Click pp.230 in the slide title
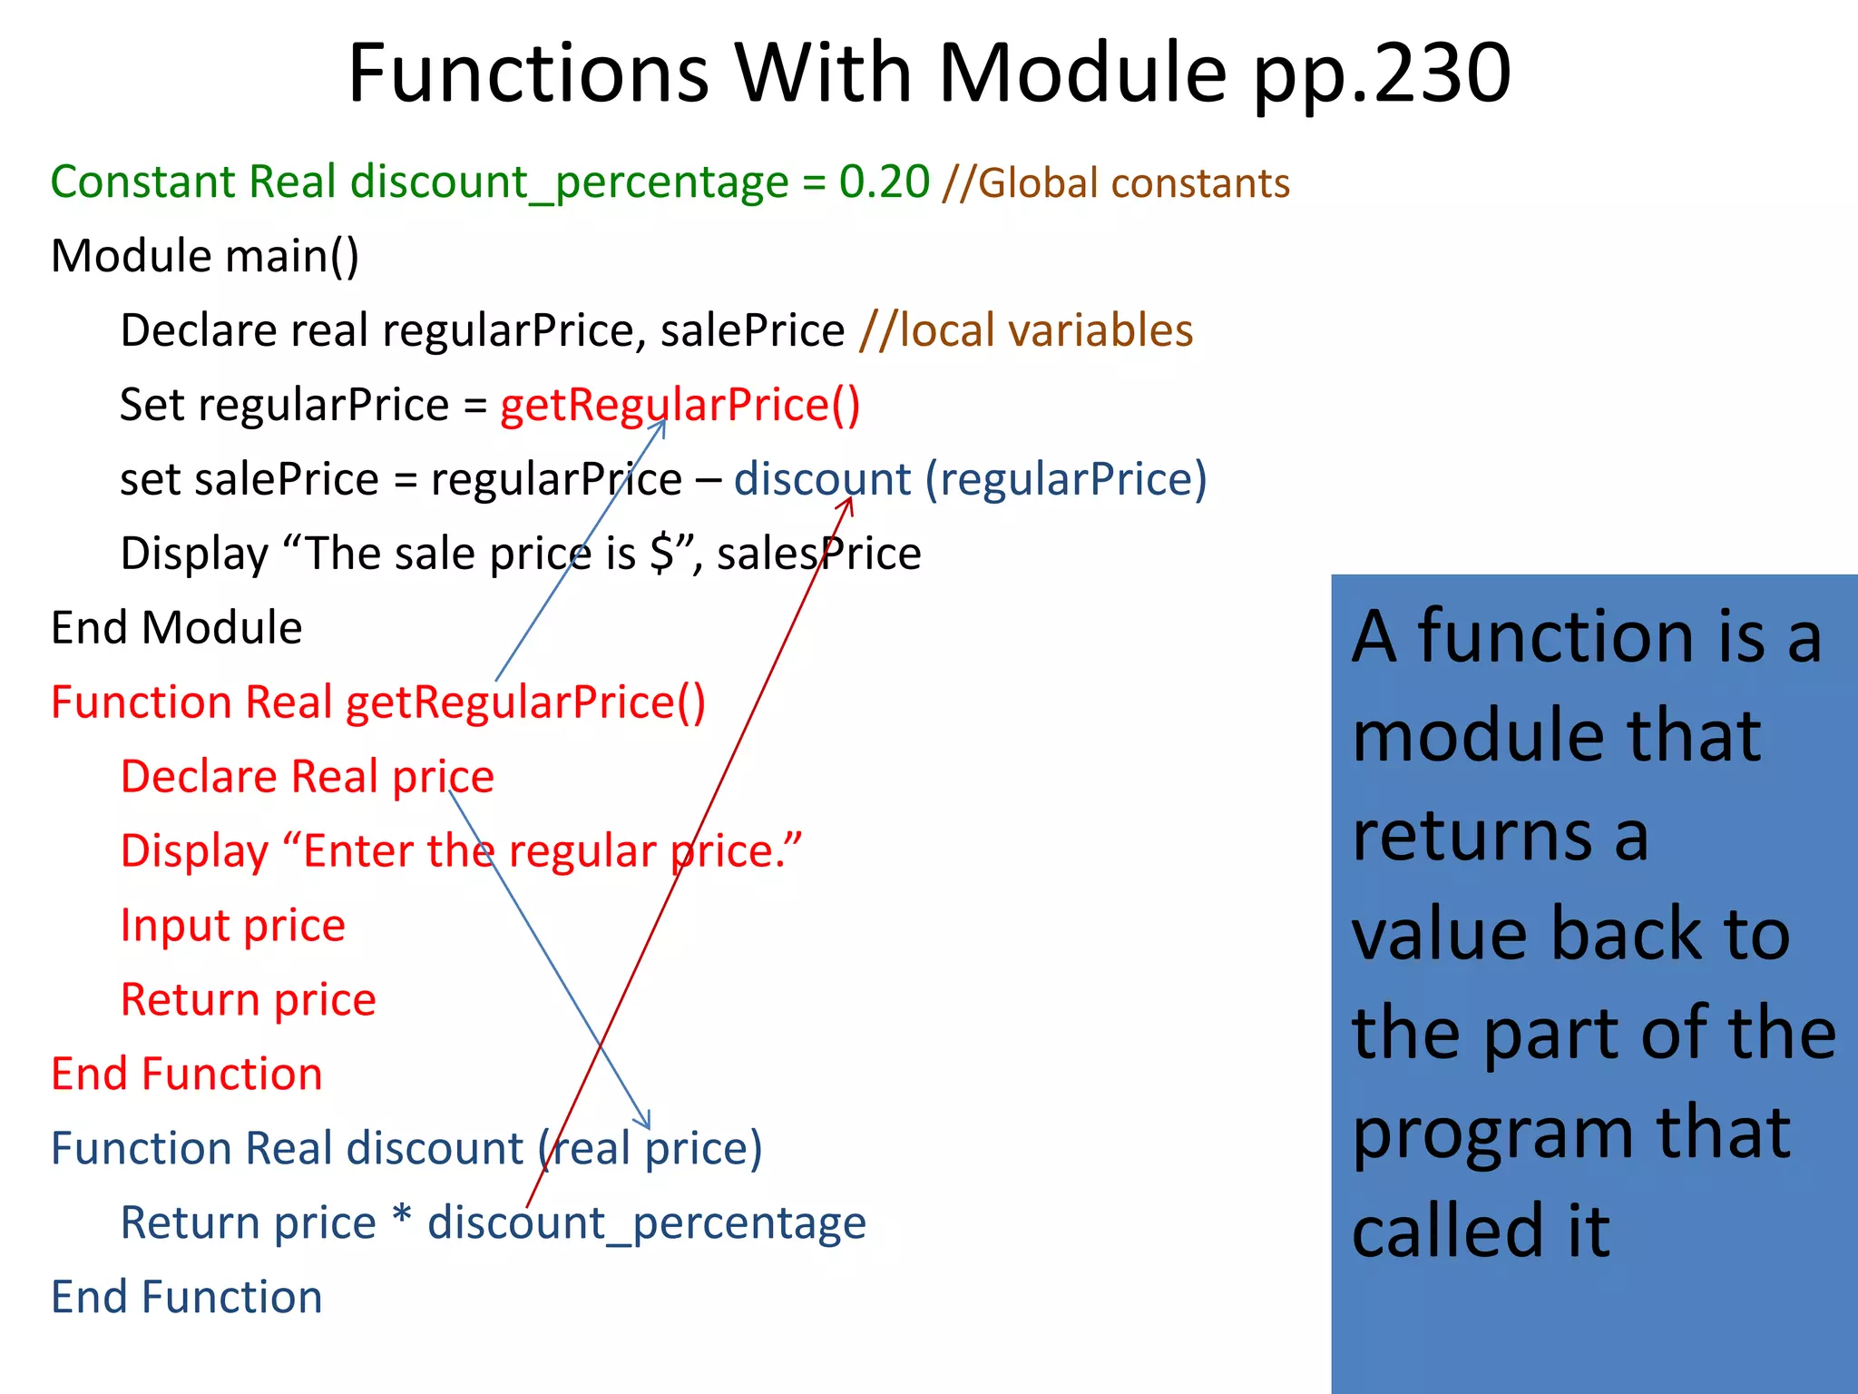pos(1382,74)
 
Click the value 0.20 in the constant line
pos(884,182)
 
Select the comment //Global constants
pos(1116,183)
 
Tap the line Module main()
pos(205,256)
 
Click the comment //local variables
pos(1026,330)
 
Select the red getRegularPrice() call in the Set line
pos(680,405)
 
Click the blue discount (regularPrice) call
pos(970,479)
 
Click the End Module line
pos(176,628)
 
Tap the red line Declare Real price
pos(307,777)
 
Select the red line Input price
pos(232,926)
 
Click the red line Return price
pos(248,1000)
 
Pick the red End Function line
pos(186,1075)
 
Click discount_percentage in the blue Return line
pos(646,1223)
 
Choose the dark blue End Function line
pos(186,1298)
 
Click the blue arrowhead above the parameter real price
pos(646,1124)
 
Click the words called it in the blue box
pos(1481,1232)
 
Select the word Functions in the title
pos(528,74)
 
